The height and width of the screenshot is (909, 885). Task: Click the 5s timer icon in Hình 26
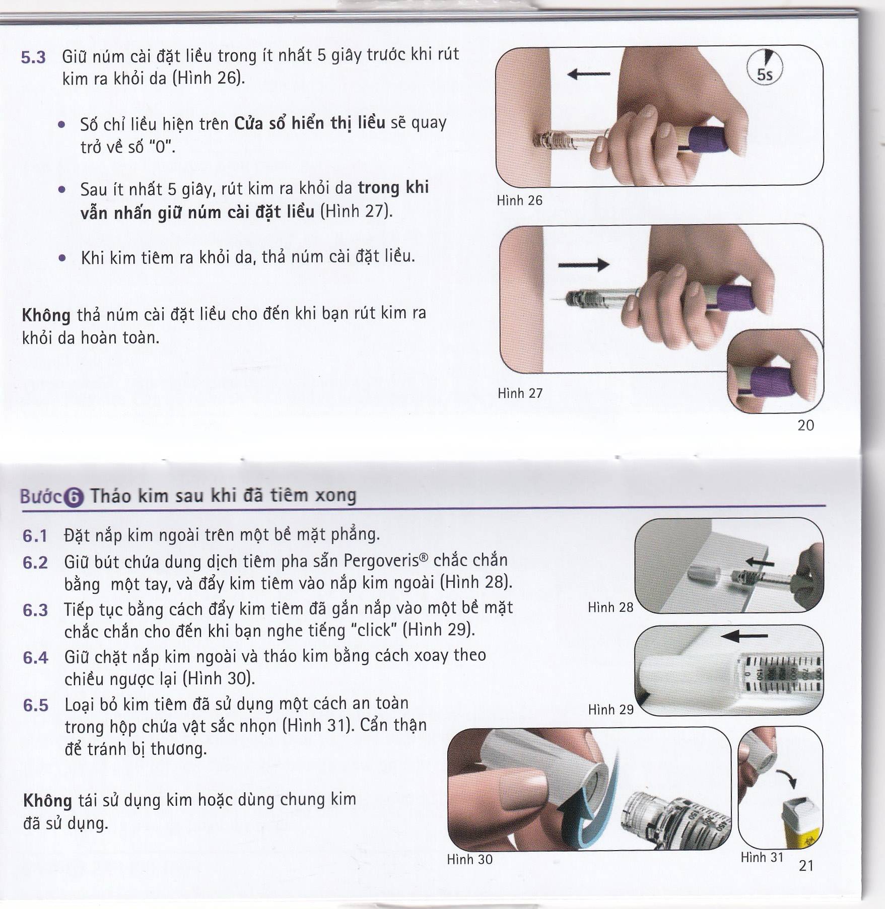765,67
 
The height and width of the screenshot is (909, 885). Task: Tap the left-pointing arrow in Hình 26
588,75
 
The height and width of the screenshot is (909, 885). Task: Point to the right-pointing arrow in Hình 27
584,264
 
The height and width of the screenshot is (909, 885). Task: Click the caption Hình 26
519,200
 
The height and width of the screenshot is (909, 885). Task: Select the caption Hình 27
520,393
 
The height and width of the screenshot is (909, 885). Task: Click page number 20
805,426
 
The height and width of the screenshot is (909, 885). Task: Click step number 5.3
33,57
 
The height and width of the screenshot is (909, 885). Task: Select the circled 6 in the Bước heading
74,498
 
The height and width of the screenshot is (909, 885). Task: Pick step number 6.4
35,658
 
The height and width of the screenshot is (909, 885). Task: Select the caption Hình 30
469,859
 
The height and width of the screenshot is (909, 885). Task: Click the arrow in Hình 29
744,637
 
